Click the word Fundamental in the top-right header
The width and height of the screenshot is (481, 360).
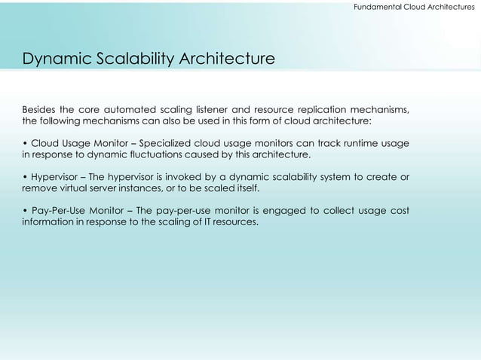pos(369,7)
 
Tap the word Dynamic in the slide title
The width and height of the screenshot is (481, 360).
pos(51,58)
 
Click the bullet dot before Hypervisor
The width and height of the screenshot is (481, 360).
pos(25,177)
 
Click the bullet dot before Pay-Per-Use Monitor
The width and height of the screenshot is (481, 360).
pos(25,210)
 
